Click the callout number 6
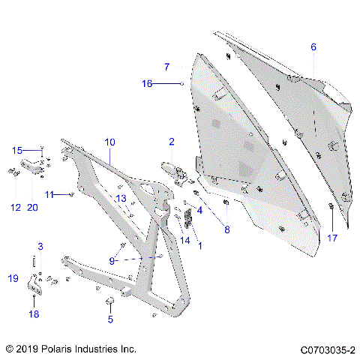(313, 47)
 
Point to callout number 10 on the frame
(109, 141)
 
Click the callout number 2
(172, 141)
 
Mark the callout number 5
(109, 319)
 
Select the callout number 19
(13, 279)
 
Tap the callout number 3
(40, 247)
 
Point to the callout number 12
(15, 207)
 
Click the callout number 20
(32, 207)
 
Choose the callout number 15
(16, 150)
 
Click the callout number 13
(121, 197)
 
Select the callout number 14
(185, 240)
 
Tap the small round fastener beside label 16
(182, 84)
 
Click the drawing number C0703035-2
(327, 349)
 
